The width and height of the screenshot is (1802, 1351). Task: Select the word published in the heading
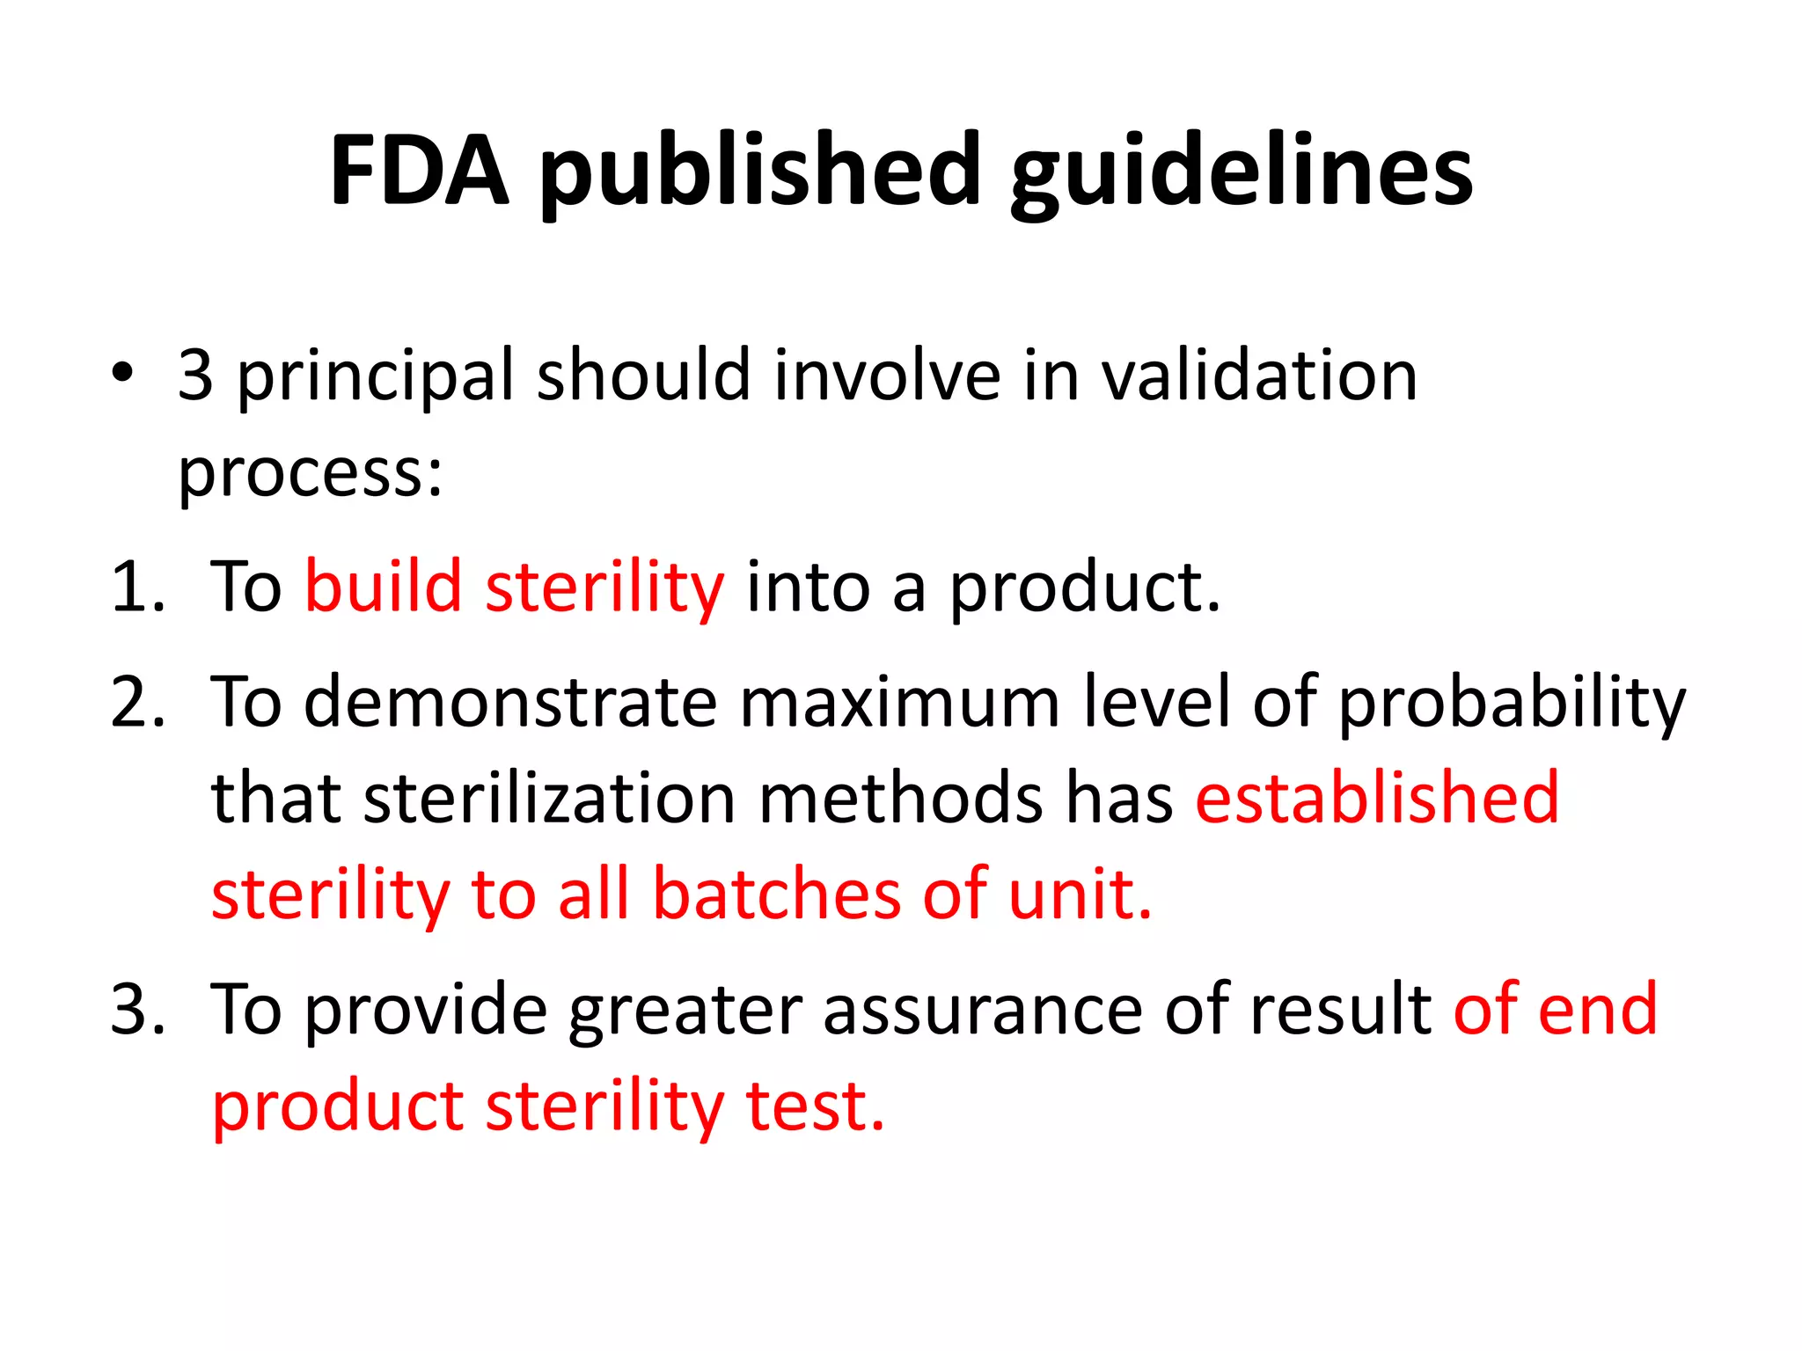coord(759,171)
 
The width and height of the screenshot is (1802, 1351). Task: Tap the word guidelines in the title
coord(1241,171)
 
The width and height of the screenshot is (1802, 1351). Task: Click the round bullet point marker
coord(122,373)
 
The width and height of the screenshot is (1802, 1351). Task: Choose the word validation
coord(1259,376)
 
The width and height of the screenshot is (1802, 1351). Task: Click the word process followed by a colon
coord(310,475)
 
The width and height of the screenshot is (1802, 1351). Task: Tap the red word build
coord(384,587)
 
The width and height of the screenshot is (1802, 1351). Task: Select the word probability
coord(1511,704)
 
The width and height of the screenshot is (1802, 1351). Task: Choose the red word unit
coord(1080,895)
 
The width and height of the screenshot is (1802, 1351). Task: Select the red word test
coord(815,1106)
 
